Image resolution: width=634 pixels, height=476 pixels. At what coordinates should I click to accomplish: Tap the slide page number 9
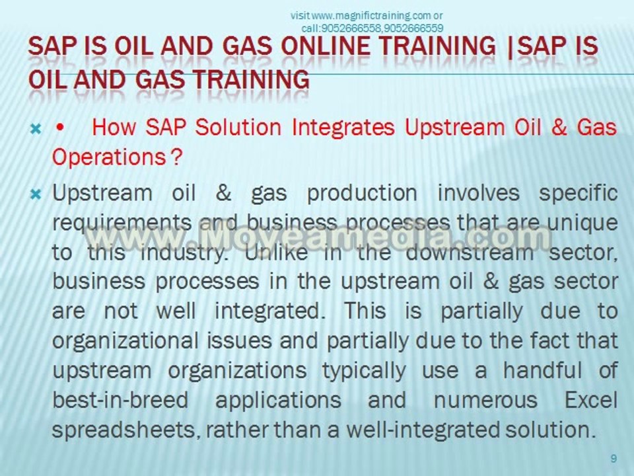(x=614, y=459)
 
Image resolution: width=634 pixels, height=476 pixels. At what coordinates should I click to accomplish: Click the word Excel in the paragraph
(x=591, y=400)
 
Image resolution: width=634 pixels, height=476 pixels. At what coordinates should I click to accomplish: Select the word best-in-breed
(x=120, y=400)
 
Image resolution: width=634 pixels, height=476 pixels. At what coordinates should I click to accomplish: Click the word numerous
(x=481, y=400)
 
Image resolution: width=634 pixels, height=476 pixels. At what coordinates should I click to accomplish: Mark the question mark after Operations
(x=176, y=157)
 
